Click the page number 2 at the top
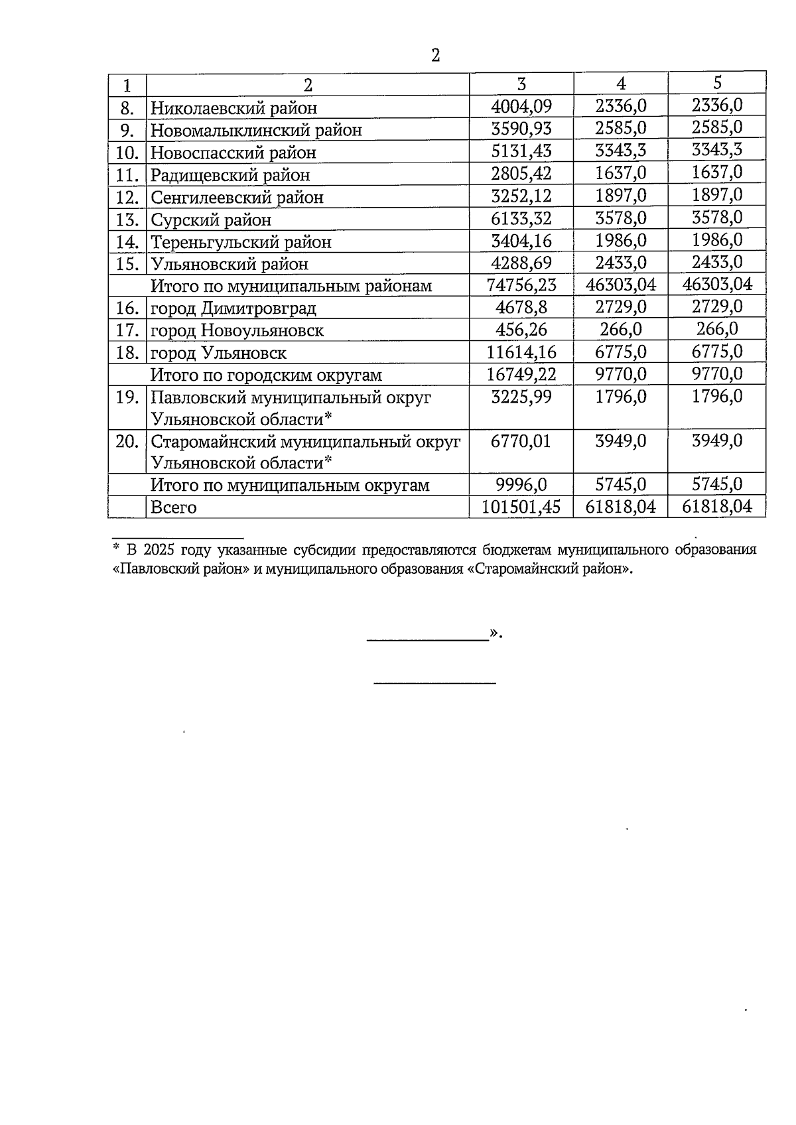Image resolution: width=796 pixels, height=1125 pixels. coord(435,56)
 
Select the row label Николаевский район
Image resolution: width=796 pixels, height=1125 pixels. coord(233,108)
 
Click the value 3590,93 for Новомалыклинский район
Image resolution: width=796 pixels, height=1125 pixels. coord(521,129)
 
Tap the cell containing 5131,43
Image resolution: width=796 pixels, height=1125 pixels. coord(521,151)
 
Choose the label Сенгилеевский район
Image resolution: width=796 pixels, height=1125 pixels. coord(237,198)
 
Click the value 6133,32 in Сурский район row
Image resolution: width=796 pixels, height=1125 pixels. coord(521,218)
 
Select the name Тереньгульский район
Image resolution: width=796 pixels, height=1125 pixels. coord(241,242)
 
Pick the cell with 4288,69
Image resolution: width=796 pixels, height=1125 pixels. coord(521,263)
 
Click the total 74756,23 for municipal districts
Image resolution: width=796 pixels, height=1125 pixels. coord(521,285)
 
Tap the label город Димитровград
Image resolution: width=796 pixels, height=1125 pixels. coord(233,308)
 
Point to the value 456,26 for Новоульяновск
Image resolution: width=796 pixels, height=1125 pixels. coord(521,330)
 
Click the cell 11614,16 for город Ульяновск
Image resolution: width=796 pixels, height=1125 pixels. coord(521,352)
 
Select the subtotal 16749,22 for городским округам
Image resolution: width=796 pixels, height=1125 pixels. coord(521,374)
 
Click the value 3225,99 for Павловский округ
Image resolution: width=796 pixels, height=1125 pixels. coord(521,397)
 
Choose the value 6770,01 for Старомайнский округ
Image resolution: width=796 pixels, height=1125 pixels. coord(521,441)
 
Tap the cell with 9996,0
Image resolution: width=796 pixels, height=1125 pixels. coord(521,485)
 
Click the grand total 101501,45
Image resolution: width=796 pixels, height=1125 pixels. coord(521,507)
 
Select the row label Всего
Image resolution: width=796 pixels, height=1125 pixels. coord(174,508)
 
